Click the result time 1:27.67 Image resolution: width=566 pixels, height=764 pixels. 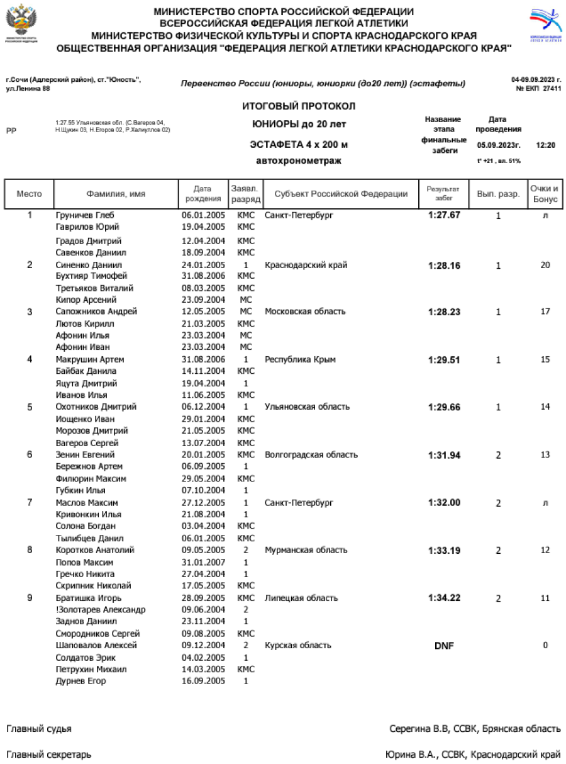pyautogui.click(x=444, y=215)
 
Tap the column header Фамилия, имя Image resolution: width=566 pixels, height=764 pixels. pyautogui.click(x=116, y=194)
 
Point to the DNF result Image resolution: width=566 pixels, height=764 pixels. pyautogui.click(x=444, y=646)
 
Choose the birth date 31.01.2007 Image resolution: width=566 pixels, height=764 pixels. pyautogui.click(x=203, y=562)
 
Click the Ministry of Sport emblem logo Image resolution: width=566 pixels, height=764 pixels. pyautogui.click(x=21, y=24)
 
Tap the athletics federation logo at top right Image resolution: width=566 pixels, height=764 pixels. pyautogui.click(x=544, y=24)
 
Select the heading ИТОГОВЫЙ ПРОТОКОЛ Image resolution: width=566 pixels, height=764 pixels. pyautogui.click(x=299, y=106)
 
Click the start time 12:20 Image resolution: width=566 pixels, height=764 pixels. pyautogui.click(x=545, y=145)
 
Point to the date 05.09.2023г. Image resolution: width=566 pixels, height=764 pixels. pyautogui.click(x=498, y=145)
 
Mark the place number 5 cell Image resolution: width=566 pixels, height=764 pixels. pyautogui.click(x=30, y=407)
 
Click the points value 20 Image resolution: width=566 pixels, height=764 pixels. pyautogui.click(x=545, y=265)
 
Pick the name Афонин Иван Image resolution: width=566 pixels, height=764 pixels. pyautogui.click(x=82, y=347)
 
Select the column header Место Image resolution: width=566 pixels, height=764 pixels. pyautogui.click(x=30, y=194)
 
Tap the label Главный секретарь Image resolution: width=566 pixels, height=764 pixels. pyautogui.click(x=48, y=754)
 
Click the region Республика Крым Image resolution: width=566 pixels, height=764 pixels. pyautogui.click(x=300, y=359)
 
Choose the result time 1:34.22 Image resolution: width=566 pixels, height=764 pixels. pyautogui.click(x=444, y=598)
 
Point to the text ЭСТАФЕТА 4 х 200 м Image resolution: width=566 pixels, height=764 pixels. pyautogui.click(x=299, y=145)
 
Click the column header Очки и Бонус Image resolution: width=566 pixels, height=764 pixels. pyautogui.click(x=545, y=194)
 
